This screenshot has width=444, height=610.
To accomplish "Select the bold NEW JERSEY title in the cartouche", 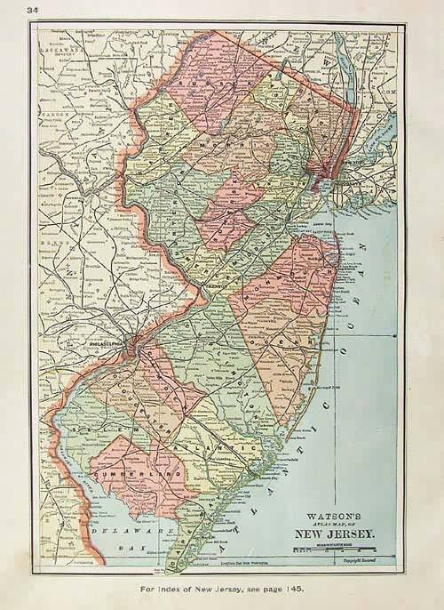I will pyautogui.click(x=337, y=534).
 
